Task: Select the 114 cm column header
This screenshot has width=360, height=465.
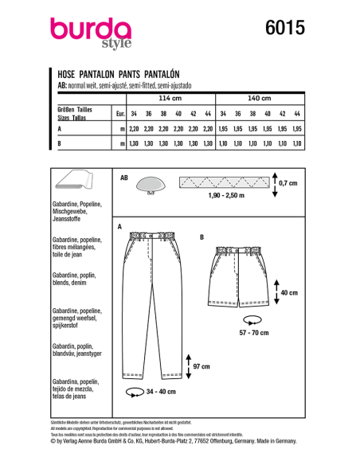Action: (x=170, y=98)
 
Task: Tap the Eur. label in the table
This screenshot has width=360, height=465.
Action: (x=119, y=113)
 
